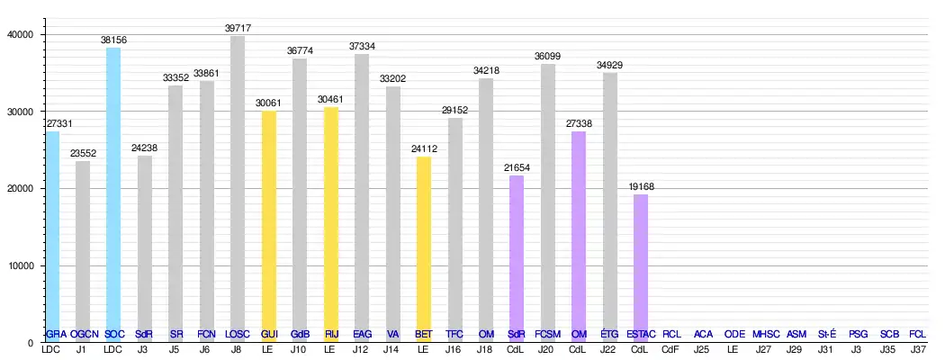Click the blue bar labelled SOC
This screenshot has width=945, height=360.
(113, 193)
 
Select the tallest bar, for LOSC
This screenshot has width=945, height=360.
(238, 189)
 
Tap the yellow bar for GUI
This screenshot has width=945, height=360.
(268, 225)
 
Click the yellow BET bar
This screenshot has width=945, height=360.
(424, 248)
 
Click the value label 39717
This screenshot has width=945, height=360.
(238, 29)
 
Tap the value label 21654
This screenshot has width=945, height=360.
(517, 168)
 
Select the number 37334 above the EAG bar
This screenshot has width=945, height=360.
(362, 47)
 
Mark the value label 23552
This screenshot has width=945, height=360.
(83, 154)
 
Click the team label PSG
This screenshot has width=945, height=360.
(858, 334)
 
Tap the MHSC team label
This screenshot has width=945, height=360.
(766, 334)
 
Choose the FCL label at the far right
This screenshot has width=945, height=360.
(919, 334)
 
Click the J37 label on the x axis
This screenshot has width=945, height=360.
(919, 349)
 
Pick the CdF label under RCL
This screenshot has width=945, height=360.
(671, 349)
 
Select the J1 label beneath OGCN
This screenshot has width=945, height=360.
(83, 349)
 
